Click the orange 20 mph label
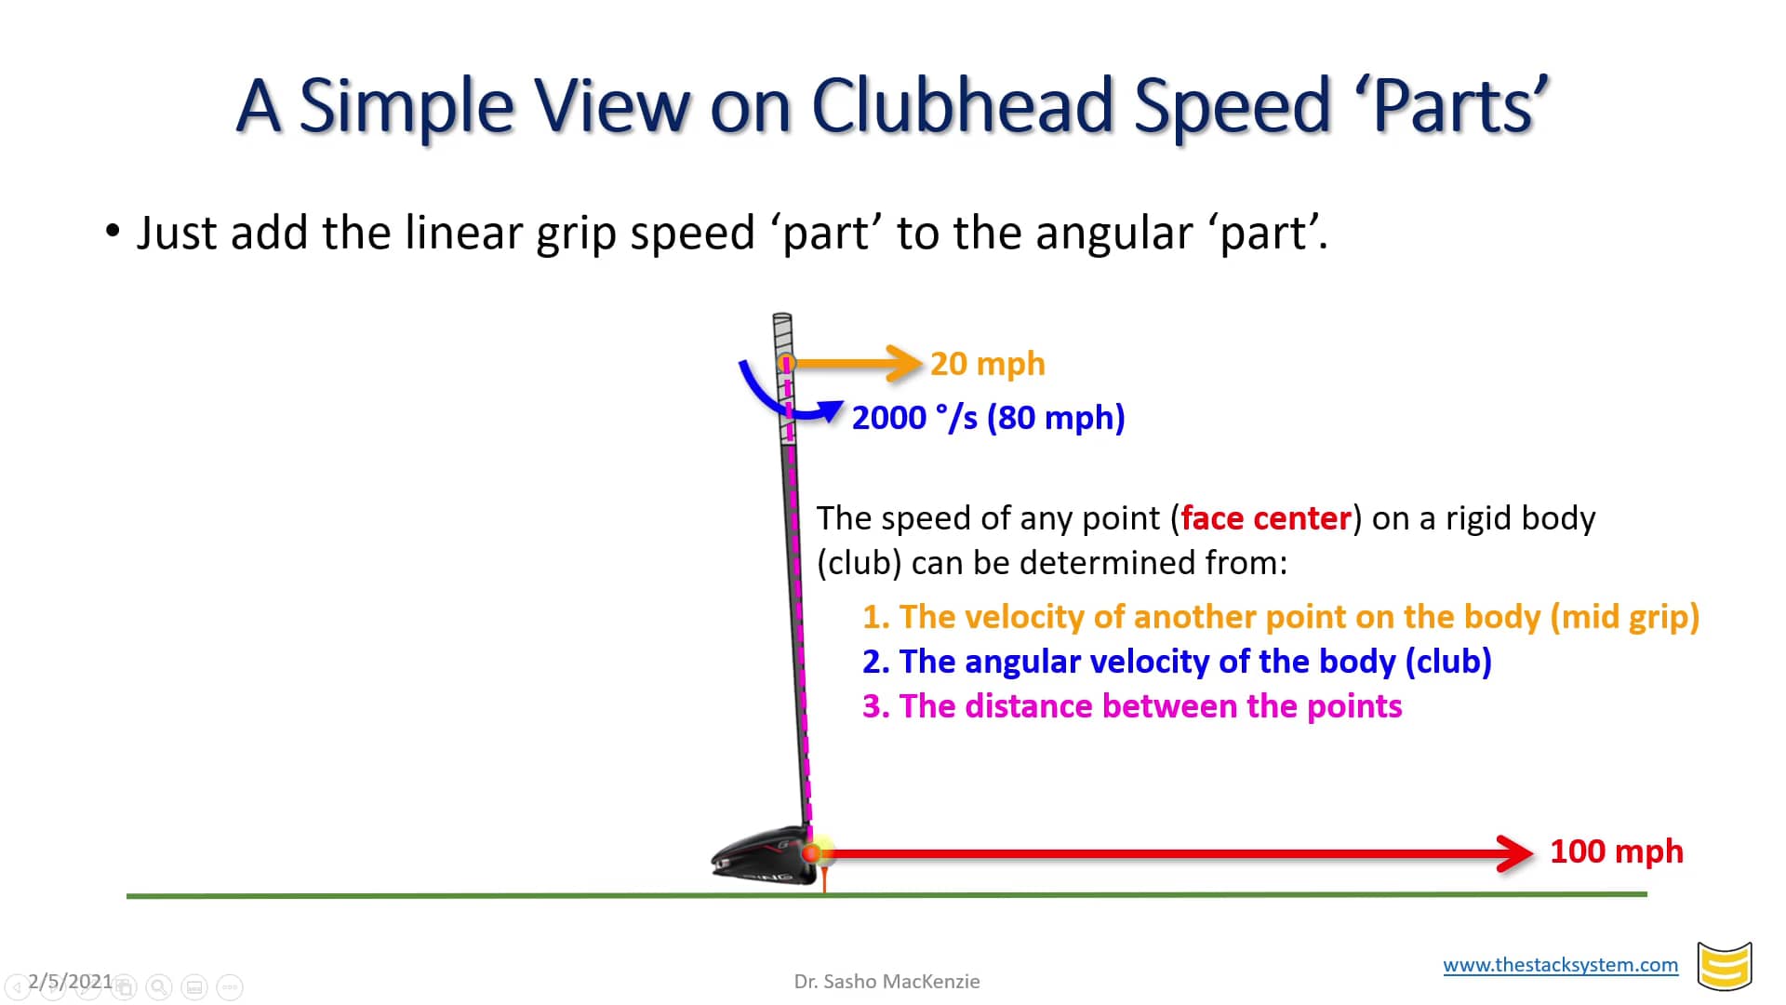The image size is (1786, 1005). (x=987, y=364)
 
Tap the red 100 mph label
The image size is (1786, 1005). (x=1616, y=851)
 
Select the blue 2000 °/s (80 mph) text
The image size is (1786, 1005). (x=988, y=418)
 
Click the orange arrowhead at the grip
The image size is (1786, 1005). (x=903, y=363)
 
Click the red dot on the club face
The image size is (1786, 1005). (x=810, y=852)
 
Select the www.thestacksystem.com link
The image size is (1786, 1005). (x=1560, y=965)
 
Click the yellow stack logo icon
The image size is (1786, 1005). (x=1724, y=967)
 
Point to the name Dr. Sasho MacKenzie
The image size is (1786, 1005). (x=886, y=982)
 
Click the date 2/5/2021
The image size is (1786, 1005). (x=70, y=982)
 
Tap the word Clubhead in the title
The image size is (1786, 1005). (x=962, y=105)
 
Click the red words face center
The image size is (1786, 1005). (x=1265, y=518)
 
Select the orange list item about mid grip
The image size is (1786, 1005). (x=1280, y=617)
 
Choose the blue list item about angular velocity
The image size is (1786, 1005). (x=1177, y=662)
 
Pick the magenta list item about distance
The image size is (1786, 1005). (x=1131, y=706)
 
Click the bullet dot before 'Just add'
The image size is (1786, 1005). (x=113, y=231)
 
